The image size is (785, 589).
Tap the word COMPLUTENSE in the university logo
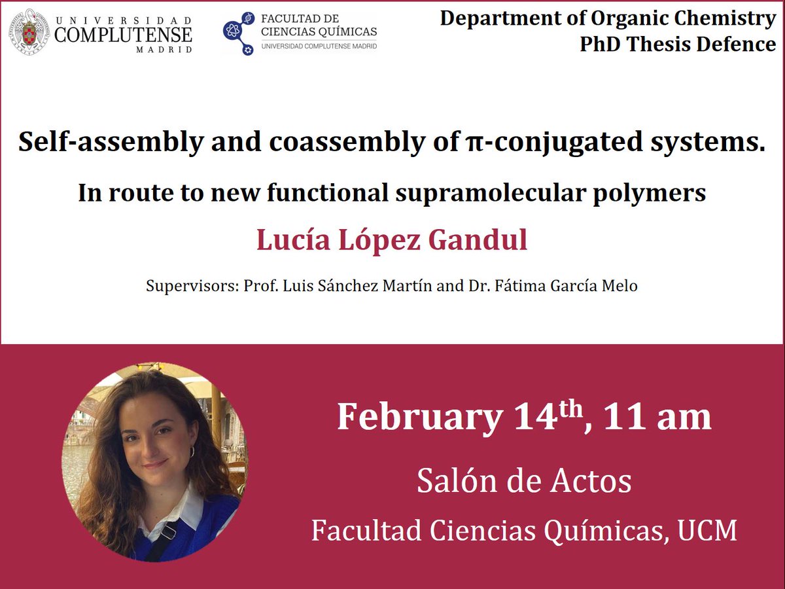coord(124,33)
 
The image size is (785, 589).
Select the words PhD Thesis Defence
coord(678,44)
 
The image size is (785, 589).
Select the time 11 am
coord(657,417)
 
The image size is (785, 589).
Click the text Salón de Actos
coord(524,481)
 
